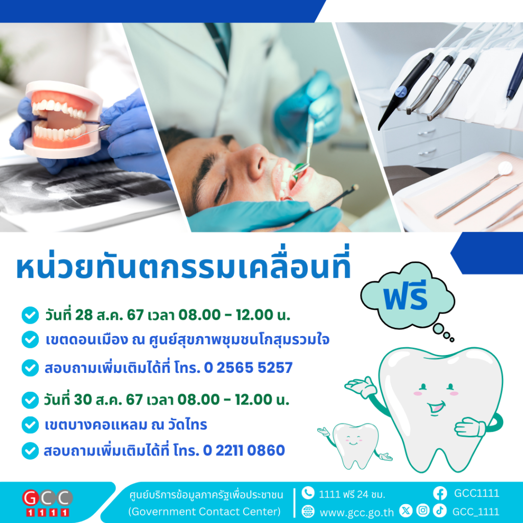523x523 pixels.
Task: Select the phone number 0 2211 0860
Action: (x=244, y=450)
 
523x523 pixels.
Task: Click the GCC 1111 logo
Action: (x=47, y=503)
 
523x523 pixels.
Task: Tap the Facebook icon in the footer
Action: (x=440, y=493)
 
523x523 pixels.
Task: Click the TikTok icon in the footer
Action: (x=440, y=510)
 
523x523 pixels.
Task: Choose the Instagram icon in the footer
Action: (x=422, y=510)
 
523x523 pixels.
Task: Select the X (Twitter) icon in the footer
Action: (x=406, y=510)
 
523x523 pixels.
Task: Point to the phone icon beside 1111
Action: (x=308, y=493)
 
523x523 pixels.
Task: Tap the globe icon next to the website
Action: (x=308, y=511)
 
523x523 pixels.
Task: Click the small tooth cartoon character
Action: (x=355, y=445)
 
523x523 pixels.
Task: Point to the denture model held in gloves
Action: (x=62, y=120)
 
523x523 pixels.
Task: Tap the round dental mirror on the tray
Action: (x=505, y=168)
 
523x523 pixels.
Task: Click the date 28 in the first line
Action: (x=84, y=315)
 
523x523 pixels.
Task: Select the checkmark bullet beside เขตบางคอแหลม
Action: (x=30, y=424)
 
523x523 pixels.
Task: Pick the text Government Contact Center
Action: (x=204, y=511)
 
